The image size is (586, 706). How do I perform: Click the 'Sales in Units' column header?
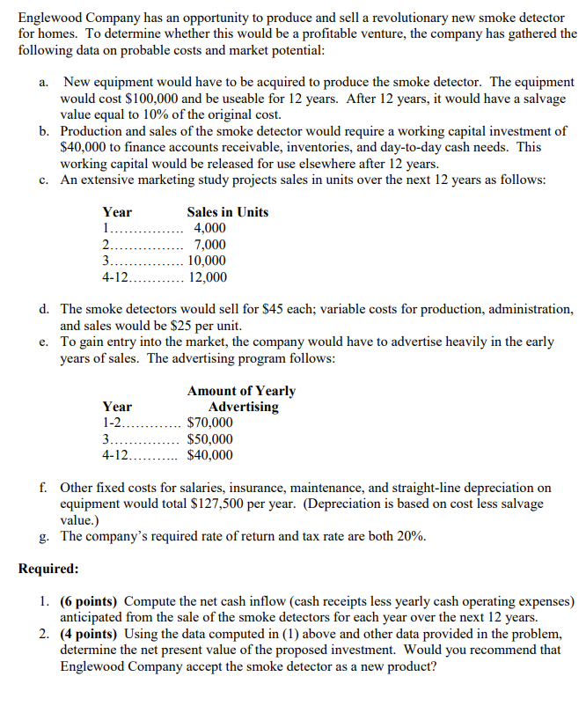(228, 212)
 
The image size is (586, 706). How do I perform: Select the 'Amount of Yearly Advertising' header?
(242, 399)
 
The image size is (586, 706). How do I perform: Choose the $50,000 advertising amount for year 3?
(210, 439)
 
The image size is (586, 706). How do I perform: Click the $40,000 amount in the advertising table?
(210, 456)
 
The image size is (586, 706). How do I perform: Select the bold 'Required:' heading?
(48, 569)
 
